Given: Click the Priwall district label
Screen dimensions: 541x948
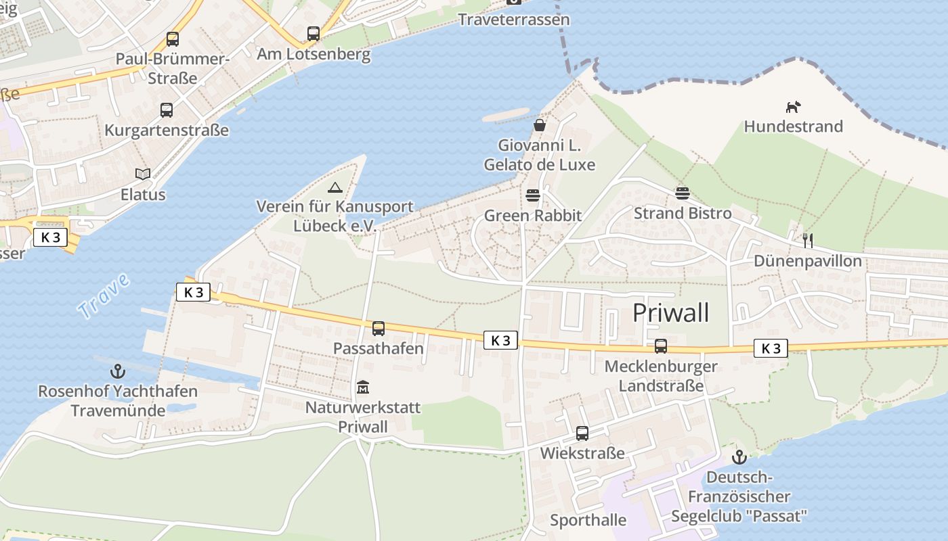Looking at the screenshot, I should pyautogui.click(x=670, y=313).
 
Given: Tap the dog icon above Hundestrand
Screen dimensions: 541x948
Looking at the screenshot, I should pyautogui.click(x=793, y=107).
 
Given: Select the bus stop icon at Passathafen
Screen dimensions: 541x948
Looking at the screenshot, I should pyautogui.click(x=379, y=329).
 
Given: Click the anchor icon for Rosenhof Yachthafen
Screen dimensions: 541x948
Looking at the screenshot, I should pyautogui.click(x=118, y=371).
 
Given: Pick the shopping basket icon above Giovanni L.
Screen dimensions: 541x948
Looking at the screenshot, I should pyautogui.click(x=540, y=125).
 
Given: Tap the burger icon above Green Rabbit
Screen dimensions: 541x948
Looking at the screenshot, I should pyautogui.click(x=533, y=196).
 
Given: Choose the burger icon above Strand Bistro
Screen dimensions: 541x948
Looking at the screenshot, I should pyautogui.click(x=682, y=193).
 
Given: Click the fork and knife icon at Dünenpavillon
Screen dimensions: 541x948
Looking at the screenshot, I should pyautogui.click(x=807, y=240).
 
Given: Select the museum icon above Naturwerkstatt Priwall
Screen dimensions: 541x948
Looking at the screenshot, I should pyautogui.click(x=363, y=387).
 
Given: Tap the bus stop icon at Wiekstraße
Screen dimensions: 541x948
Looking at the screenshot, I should pyautogui.click(x=582, y=433).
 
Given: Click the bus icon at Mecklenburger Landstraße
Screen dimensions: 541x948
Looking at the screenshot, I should pyautogui.click(x=661, y=346).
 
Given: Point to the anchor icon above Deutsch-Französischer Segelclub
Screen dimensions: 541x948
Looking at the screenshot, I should pyautogui.click(x=739, y=457).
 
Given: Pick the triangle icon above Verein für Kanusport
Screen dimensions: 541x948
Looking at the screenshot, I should pyautogui.click(x=335, y=187).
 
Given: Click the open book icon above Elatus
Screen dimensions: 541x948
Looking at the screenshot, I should pyautogui.click(x=143, y=174).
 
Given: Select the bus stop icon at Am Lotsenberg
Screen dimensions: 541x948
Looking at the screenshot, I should pyautogui.click(x=314, y=34).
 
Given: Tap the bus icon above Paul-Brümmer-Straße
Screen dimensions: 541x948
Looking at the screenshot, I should pyautogui.click(x=173, y=39).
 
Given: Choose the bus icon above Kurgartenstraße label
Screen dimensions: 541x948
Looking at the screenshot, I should pyautogui.click(x=167, y=110).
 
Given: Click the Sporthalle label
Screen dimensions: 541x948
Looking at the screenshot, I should pyautogui.click(x=588, y=520).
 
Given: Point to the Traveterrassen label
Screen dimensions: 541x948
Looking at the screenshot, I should pyautogui.click(x=513, y=20).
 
